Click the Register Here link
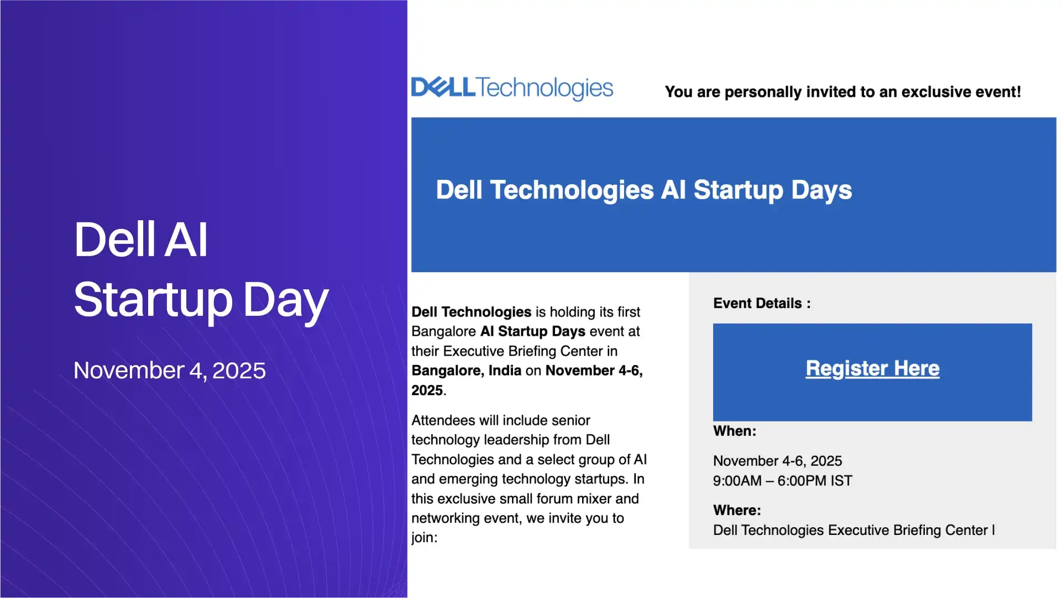(x=872, y=368)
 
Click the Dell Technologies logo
(x=512, y=89)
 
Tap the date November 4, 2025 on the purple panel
(x=170, y=371)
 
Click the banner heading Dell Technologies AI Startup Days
(x=644, y=190)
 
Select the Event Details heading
(x=761, y=303)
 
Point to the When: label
(x=734, y=431)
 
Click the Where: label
(x=737, y=510)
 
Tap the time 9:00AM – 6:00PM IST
(x=782, y=481)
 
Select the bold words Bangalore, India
(x=466, y=371)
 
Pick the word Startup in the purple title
(x=153, y=299)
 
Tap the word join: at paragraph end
(x=424, y=538)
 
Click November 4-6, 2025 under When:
(x=777, y=461)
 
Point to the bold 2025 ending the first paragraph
(x=427, y=391)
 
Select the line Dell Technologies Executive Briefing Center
(x=850, y=530)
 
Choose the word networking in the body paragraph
(x=446, y=518)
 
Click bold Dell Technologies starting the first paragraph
(x=471, y=312)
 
